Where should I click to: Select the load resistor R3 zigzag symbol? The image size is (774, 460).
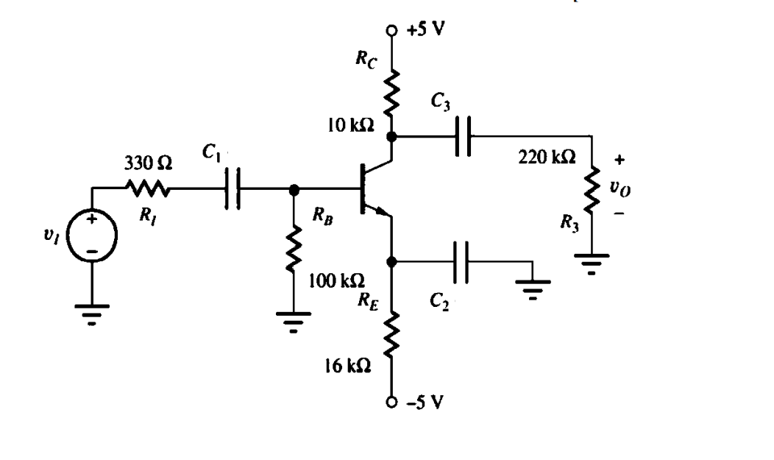(x=592, y=193)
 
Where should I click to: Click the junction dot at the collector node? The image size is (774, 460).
(x=391, y=136)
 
